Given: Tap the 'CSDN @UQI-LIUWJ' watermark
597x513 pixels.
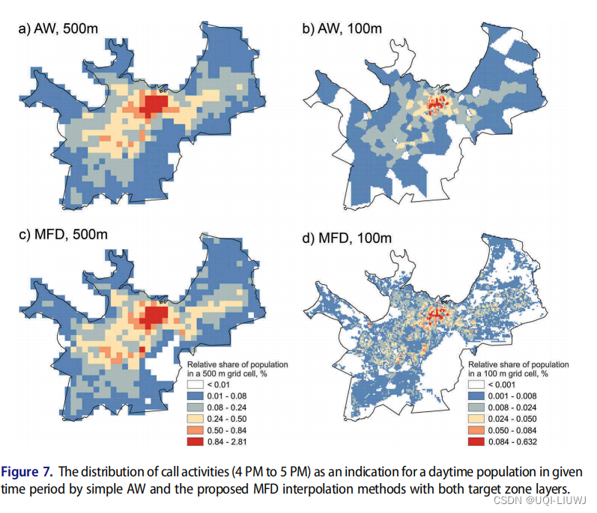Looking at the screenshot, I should point(545,500).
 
